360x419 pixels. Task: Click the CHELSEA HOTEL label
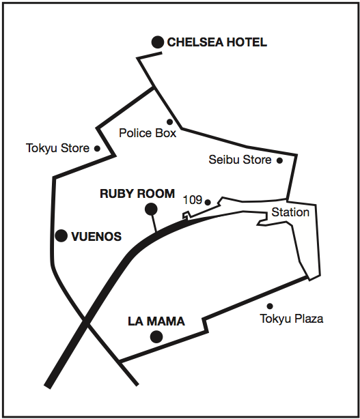[x=217, y=42]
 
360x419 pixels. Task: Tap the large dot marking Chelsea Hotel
[x=158, y=42]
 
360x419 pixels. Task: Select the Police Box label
[x=148, y=133]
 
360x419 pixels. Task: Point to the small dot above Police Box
[x=169, y=122]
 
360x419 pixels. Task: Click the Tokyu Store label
[x=57, y=148]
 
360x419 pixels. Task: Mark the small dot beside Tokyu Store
[x=98, y=148]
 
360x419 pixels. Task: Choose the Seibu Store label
[x=240, y=160]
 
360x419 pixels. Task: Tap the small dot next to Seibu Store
[x=279, y=160]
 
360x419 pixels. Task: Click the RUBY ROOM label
[x=137, y=194]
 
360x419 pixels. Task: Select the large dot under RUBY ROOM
[x=151, y=209]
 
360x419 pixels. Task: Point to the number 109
[x=193, y=200]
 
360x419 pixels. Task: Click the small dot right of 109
[x=208, y=202]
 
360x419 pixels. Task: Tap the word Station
[x=290, y=212]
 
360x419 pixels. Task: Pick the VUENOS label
[x=96, y=237]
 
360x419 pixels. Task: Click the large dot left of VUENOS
[x=61, y=235]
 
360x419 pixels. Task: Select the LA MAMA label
[x=156, y=321]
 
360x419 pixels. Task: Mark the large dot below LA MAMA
[x=156, y=336]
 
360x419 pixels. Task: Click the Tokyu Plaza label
[x=292, y=319]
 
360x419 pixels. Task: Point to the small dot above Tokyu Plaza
[x=270, y=306]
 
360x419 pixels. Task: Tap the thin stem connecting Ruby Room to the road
[x=154, y=223]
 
